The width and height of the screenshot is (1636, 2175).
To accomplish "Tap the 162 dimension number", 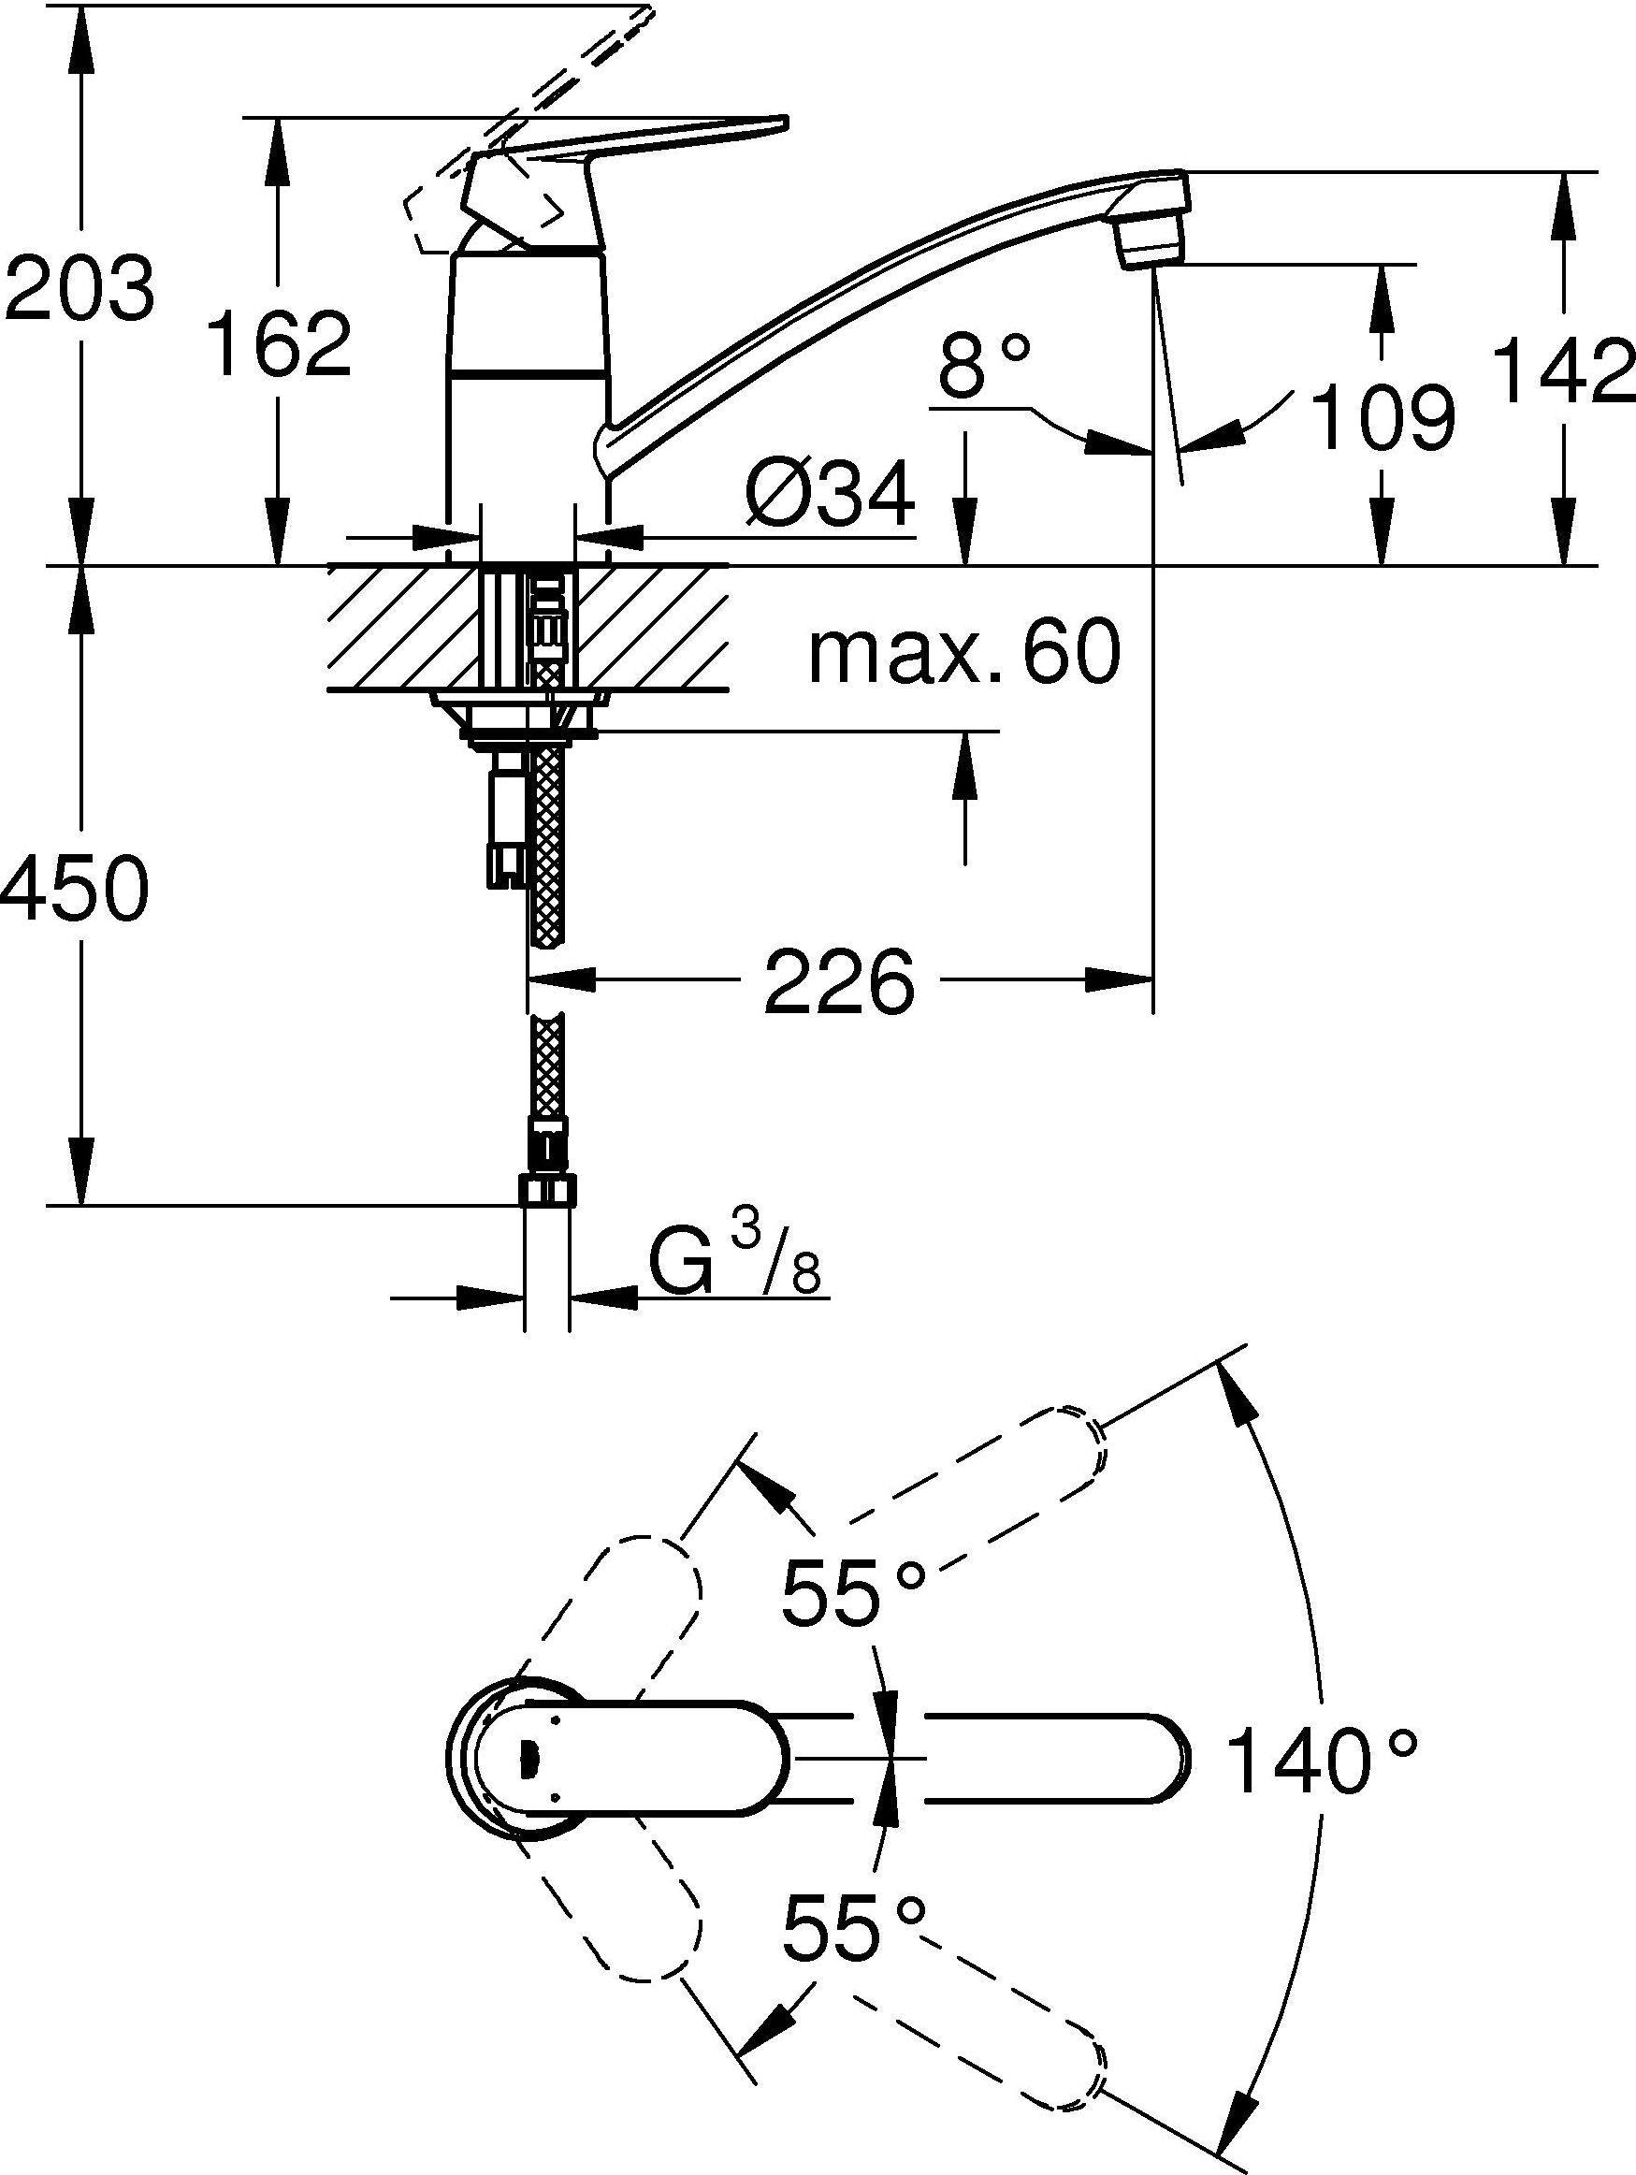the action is [x=282, y=344].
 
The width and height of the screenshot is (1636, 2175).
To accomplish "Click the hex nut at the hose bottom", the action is [x=546, y=1192].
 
